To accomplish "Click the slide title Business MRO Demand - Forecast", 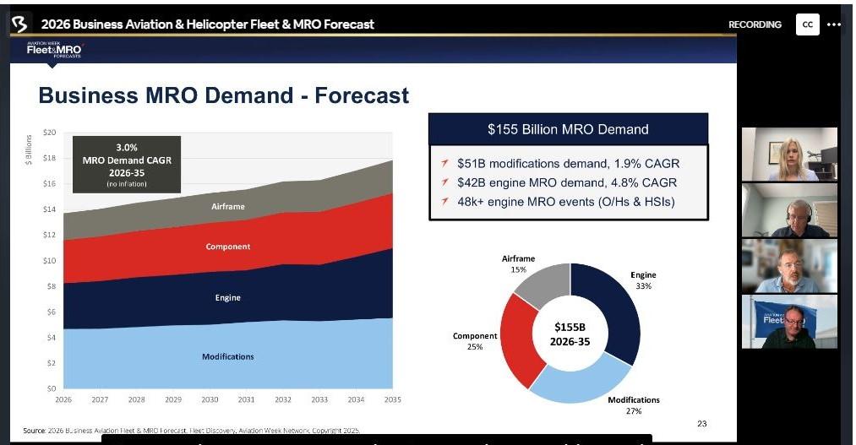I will tap(224, 95).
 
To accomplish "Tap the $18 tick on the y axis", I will tap(50, 158).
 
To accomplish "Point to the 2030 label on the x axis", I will tap(210, 399).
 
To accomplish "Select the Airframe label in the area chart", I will tap(227, 205).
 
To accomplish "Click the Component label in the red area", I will tap(228, 247).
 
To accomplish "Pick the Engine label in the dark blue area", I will tap(227, 297).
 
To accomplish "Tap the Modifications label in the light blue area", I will tap(228, 356).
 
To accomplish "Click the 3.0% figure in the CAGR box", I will tap(128, 147).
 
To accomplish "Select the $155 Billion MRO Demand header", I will tap(568, 129).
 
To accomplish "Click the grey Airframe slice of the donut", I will tap(541, 285).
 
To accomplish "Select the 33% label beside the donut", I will tap(644, 286).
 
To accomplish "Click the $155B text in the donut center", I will tap(570, 326).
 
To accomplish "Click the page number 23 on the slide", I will tap(702, 423).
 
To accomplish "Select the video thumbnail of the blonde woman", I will tap(789, 154).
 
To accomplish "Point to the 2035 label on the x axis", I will tap(392, 399).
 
